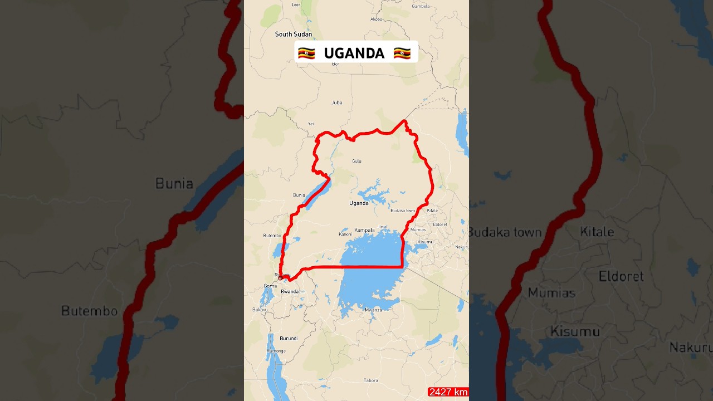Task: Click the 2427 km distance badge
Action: [x=448, y=392]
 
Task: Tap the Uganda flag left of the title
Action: [x=306, y=53]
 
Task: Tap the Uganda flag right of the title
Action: [x=402, y=53]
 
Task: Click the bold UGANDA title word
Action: [x=354, y=53]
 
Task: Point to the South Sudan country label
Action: [x=294, y=35]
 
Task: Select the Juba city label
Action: [x=337, y=102]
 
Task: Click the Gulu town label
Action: [x=356, y=162]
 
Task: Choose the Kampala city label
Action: [x=364, y=230]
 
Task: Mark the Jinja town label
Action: [x=382, y=227]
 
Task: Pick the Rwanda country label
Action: [x=290, y=292]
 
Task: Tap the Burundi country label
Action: [x=289, y=339]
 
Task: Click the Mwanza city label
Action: [x=373, y=310]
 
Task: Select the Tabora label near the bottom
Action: [x=370, y=381]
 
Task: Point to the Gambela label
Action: [x=421, y=7]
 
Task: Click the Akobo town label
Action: [x=377, y=19]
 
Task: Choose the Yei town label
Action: [x=311, y=124]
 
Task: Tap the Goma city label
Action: [x=270, y=286]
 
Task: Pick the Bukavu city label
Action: [x=260, y=310]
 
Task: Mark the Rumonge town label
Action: [x=276, y=351]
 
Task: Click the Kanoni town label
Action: [x=345, y=234]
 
